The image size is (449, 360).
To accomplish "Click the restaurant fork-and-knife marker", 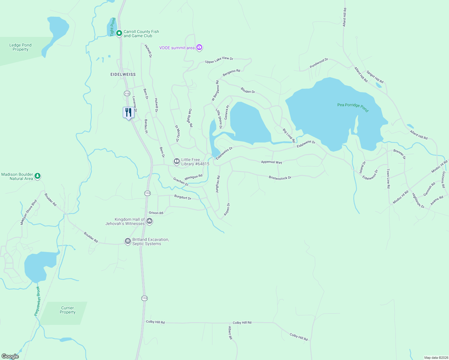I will click(x=128, y=113).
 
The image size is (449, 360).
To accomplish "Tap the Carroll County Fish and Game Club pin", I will click(x=119, y=33).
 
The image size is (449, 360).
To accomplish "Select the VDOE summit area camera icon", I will click(x=199, y=47).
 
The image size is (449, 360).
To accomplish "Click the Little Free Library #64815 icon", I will click(x=177, y=161).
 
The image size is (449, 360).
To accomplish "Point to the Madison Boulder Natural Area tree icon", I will click(x=38, y=176).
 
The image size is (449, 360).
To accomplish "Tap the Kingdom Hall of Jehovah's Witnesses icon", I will click(x=149, y=221).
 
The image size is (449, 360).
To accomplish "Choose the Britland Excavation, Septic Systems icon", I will click(x=128, y=241).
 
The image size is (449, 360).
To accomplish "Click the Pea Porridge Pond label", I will click(x=353, y=106).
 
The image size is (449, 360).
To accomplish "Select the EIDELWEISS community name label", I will click(x=123, y=74).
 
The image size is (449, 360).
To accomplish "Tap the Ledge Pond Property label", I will click(x=20, y=47).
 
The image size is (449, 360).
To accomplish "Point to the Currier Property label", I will click(x=68, y=310).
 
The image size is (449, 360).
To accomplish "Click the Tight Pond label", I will click(x=113, y=27).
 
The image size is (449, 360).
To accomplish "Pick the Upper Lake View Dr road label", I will click(x=219, y=60).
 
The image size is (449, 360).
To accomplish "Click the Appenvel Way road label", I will click(x=271, y=162).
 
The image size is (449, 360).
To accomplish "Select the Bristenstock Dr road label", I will click(x=280, y=178).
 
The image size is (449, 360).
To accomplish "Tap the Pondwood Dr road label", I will click(x=319, y=63).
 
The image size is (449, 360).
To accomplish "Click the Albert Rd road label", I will click(x=230, y=333).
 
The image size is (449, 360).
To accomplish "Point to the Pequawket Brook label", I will click(x=37, y=301).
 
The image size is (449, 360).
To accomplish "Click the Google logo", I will click(x=10, y=356).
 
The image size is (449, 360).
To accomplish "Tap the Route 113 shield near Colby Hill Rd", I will click(x=145, y=298).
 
